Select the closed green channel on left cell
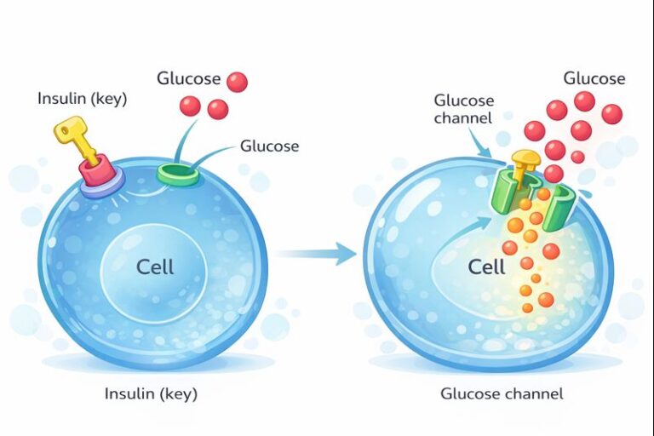(x=179, y=175)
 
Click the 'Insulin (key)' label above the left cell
(x=82, y=99)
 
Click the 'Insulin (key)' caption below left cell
(x=149, y=393)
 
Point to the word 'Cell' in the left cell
(x=155, y=267)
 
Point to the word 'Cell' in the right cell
(x=486, y=267)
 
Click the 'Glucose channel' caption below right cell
(x=502, y=393)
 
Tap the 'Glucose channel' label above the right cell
(x=463, y=109)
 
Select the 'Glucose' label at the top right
(x=594, y=78)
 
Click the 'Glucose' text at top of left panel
(x=188, y=78)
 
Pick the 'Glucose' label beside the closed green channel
(x=269, y=146)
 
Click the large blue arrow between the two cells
(x=317, y=252)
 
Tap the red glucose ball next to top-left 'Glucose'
(x=237, y=82)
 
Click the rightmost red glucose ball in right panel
(x=611, y=113)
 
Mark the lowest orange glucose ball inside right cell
(x=527, y=307)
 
